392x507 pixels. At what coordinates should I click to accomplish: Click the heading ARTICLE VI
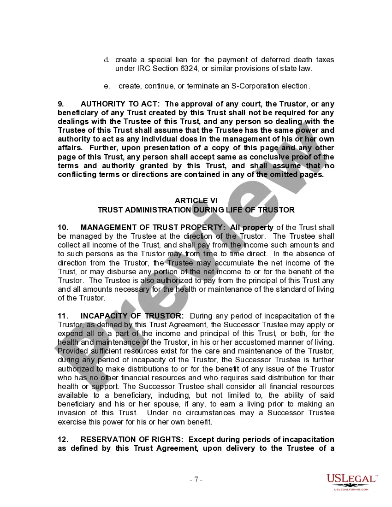click(196, 200)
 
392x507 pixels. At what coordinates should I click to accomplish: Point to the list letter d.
click(107, 60)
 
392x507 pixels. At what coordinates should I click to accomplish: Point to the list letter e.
click(107, 86)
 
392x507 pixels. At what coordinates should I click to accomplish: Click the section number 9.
click(60, 104)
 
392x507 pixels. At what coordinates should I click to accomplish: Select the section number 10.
click(63, 227)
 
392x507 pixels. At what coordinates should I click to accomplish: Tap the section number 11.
click(63, 316)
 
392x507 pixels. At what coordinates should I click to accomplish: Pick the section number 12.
click(63, 439)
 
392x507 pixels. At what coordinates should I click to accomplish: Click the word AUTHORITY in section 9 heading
click(102, 104)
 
